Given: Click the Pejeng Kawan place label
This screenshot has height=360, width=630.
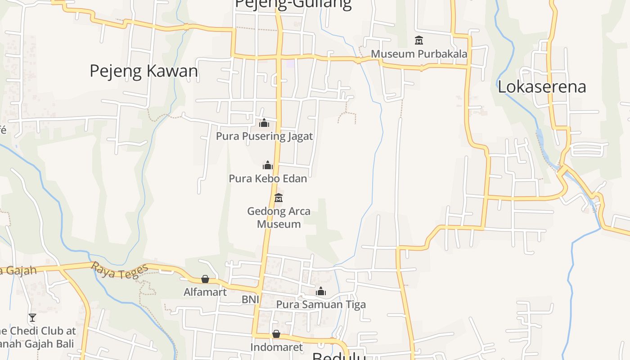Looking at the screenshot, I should coord(144,71).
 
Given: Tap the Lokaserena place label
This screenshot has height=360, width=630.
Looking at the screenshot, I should coord(542,86).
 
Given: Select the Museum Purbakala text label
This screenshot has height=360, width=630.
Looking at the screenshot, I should coord(419,54).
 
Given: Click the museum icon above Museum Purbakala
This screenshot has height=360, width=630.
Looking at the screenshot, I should coord(419,40).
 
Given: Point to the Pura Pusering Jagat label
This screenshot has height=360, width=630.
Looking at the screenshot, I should coord(264,136).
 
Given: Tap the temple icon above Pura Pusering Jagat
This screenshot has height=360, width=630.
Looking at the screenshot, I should coord(264,122).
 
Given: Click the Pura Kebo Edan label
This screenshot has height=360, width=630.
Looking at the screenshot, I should coord(268,178).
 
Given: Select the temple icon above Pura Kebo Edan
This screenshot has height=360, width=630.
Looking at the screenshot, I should coord(268,165).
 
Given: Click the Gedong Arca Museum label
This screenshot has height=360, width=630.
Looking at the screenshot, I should coord(279,217).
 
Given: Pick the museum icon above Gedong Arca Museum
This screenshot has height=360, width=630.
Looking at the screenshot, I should coord(279,198).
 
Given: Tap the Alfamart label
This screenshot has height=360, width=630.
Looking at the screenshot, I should coord(205,292).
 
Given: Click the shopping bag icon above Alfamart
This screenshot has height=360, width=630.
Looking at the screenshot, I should coord(205,279).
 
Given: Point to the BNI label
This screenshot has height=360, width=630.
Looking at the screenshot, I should coord(250,299).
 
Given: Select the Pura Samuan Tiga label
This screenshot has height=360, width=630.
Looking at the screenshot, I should coord(321,305).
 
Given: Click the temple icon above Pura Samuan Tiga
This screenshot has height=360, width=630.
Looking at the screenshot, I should coord(321,292).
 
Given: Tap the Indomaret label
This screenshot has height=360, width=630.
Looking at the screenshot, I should coord(276,347).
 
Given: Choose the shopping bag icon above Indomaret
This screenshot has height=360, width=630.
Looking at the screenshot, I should coord(276,334).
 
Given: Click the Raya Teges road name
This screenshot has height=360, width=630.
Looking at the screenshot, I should coord(120,271).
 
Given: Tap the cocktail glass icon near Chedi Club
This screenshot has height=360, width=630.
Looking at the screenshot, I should coord(32,318).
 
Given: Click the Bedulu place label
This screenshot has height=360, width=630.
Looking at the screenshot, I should coord(338,356).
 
